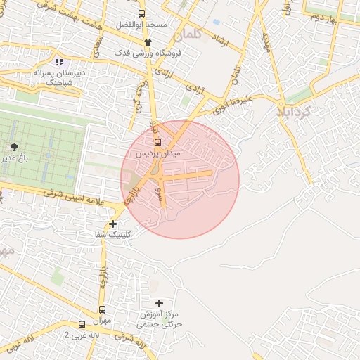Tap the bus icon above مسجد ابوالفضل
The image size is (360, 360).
pyautogui.click(x=142, y=13)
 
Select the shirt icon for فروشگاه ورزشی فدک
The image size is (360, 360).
pyautogui.click(x=147, y=43)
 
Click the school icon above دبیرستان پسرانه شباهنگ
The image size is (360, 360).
pyautogui.click(x=59, y=63)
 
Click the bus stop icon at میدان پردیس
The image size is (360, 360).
pyautogui.click(x=157, y=141)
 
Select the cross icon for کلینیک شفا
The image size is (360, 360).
pyautogui.click(x=112, y=224)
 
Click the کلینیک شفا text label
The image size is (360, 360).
pyautogui.click(x=112, y=234)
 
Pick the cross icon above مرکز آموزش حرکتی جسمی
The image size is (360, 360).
pyautogui.click(x=159, y=303)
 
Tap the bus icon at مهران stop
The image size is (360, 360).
pyautogui.click(x=102, y=309)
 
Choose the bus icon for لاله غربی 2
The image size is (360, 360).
pyautogui.click(x=82, y=324)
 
